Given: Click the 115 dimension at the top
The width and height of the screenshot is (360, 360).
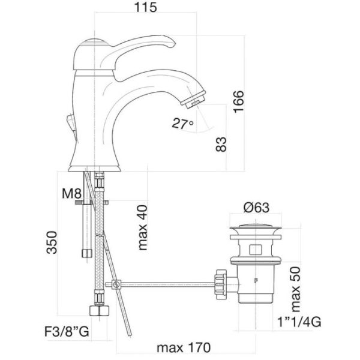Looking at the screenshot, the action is click(x=146, y=7).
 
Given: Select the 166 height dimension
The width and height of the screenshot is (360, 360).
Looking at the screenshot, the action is click(x=238, y=101).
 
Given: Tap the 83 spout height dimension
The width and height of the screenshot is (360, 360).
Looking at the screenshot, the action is click(x=221, y=144).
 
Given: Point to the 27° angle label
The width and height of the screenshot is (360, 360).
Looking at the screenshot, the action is click(x=182, y=124).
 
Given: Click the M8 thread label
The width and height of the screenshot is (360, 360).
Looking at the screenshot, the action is click(x=71, y=193).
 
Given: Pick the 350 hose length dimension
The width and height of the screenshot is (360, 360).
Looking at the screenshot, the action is click(x=52, y=242).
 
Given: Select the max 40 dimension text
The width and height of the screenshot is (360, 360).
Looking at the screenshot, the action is click(x=142, y=227).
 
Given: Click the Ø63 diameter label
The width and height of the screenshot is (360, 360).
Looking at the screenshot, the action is click(x=256, y=208).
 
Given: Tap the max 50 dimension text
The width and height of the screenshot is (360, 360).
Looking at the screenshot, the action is click(x=295, y=289).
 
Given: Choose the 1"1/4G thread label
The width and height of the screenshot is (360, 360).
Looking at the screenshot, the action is click(x=299, y=322).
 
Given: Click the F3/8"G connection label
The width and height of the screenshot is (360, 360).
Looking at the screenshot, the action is click(x=67, y=331).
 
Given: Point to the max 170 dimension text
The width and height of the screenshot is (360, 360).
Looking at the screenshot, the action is click(x=184, y=347).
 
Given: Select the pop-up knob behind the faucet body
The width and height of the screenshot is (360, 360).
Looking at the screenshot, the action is click(x=71, y=122).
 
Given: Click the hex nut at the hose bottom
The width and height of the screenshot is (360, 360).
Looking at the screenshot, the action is click(x=99, y=311).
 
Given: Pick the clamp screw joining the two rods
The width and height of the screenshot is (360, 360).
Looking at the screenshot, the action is click(x=116, y=284).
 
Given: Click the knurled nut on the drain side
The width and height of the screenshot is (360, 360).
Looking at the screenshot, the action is click(x=221, y=284).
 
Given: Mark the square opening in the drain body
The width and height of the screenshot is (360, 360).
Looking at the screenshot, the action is click(x=256, y=250).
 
